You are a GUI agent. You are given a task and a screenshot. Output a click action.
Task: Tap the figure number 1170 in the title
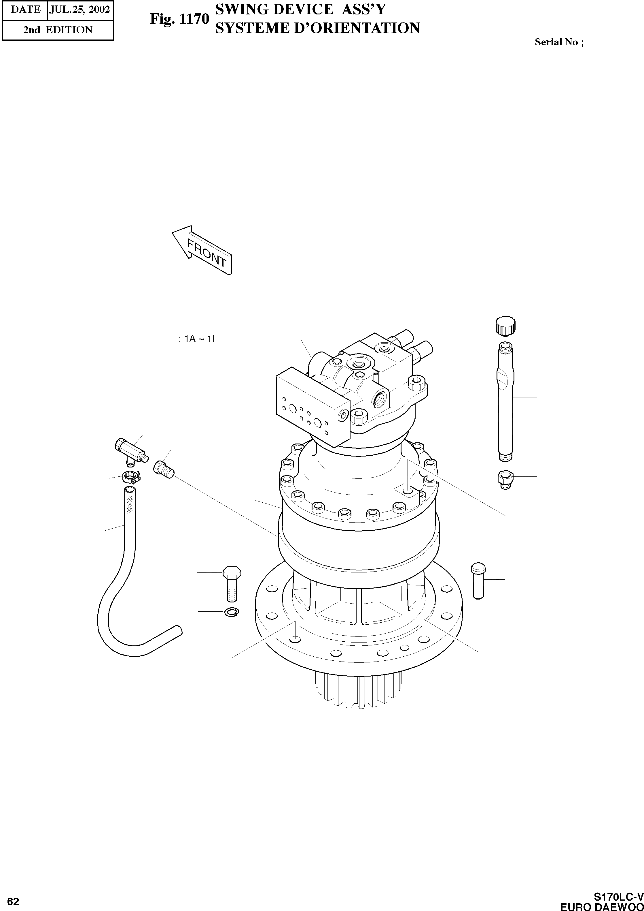[x=194, y=19]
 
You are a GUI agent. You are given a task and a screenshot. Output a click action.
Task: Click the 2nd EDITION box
[x=58, y=30]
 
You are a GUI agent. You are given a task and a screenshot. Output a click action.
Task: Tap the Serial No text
[x=558, y=42]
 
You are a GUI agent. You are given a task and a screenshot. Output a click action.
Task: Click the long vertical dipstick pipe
[x=505, y=401]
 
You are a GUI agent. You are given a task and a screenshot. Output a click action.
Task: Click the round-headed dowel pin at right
[x=478, y=580]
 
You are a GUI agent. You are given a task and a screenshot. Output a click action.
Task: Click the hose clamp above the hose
[x=130, y=476]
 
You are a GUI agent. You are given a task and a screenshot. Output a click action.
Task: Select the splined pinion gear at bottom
[x=359, y=690]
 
